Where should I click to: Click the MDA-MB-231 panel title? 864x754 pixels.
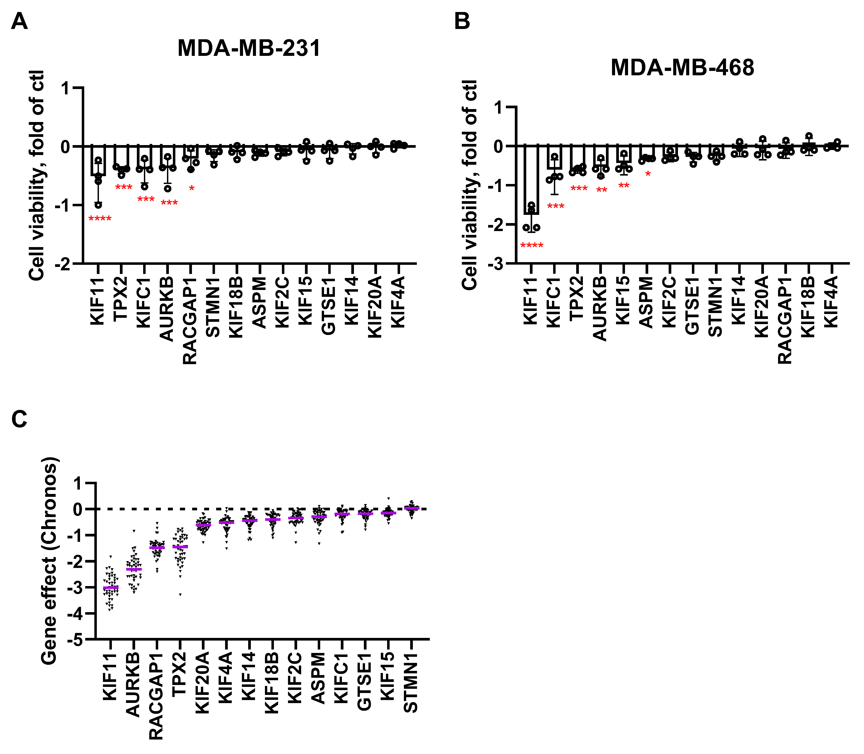point(249,48)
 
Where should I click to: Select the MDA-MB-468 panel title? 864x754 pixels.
point(682,67)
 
